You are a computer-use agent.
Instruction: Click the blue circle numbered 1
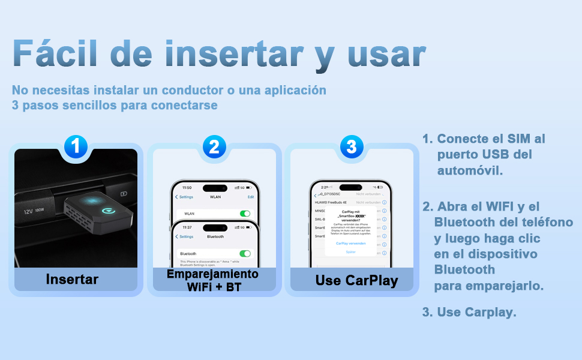(x=76, y=146)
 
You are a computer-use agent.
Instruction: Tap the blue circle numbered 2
(x=214, y=146)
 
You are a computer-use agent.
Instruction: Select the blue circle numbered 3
(x=352, y=146)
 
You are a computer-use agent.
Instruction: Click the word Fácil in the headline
(x=55, y=54)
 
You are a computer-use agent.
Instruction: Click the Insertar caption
(x=72, y=279)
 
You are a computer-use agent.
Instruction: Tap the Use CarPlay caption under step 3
(x=356, y=280)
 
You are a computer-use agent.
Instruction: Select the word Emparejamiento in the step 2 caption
(x=213, y=274)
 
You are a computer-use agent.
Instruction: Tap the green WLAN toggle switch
(x=245, y=214)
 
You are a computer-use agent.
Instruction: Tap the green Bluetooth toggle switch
(x=245, y=254)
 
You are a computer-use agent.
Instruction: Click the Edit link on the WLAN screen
(x=251, y=197)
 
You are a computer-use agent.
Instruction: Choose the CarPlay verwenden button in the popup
(x=350, y=244)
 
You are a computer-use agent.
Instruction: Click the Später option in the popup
(x=350, y=252)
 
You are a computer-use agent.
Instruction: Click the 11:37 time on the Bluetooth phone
(x=187, y=227)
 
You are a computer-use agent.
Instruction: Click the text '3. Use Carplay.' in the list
(x=469, y=312)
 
